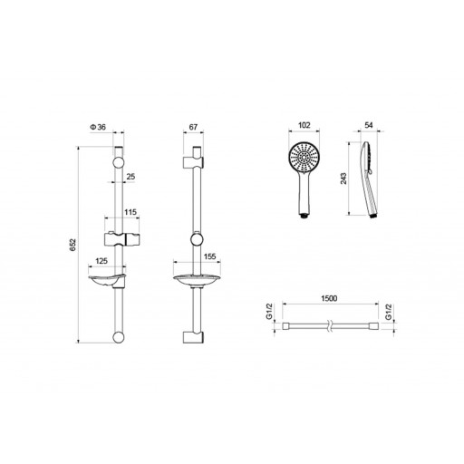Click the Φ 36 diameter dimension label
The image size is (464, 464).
tap(98, 127)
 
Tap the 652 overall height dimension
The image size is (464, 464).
tap(72, 245)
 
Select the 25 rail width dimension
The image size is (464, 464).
tap(130, 177)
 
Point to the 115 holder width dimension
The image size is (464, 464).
tap(130, 212)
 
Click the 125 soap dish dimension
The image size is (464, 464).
tap(101, 261)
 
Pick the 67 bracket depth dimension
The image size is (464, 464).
tap(193, 127)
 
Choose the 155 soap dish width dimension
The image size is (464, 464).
tap(210, 256)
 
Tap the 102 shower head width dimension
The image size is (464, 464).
tap(304, 125)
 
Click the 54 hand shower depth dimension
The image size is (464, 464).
tap(369, 125)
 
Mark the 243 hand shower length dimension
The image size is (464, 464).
tap(343, 179)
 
